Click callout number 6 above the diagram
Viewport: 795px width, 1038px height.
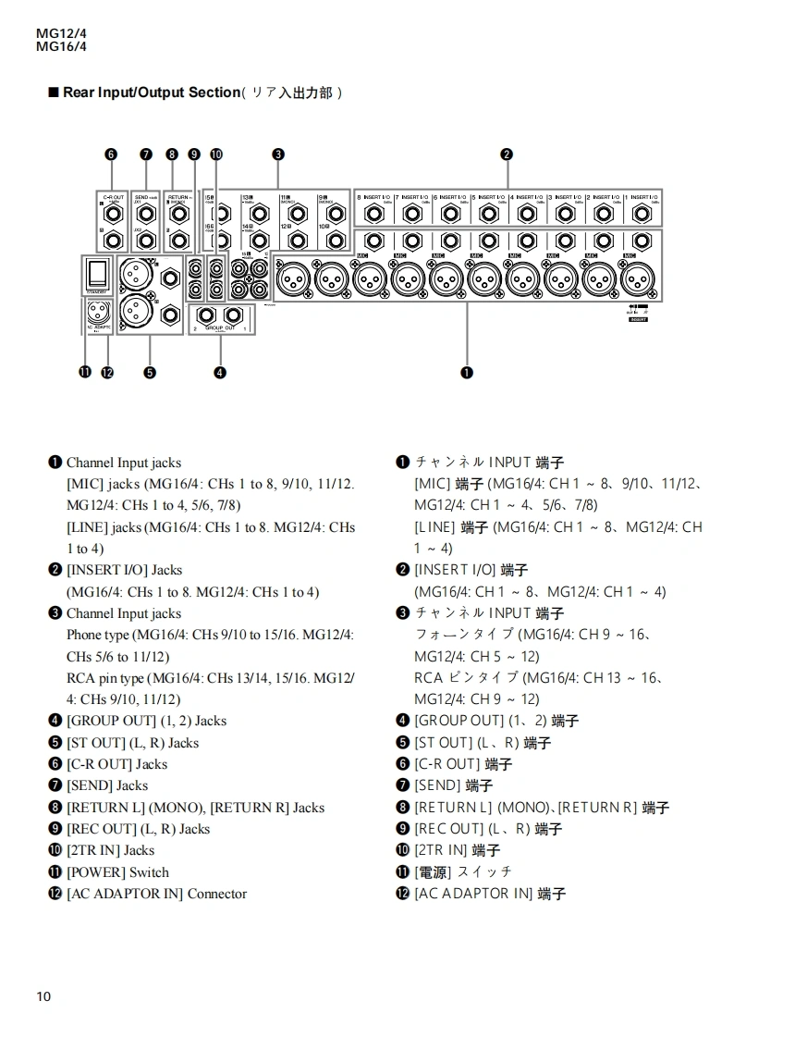(x=111, y=154)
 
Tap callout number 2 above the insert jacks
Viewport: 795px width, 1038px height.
(x=507, y=154)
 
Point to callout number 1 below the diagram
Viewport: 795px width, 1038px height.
(x=467, y=372)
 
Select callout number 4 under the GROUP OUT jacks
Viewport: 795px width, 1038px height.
(x=220, y=372)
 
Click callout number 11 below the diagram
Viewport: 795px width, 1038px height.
(x=86, y=372)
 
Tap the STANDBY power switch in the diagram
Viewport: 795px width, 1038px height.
(x=97, y=272)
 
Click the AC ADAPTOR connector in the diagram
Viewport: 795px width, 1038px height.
(x=98, y=310)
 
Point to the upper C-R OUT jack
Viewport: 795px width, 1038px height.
(x=113, y=214)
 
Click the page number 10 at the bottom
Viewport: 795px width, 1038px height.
(x=44, y=996)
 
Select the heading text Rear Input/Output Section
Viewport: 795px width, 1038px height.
(x=151, y=93)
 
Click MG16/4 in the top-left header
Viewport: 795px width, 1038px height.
(x=61, y=46)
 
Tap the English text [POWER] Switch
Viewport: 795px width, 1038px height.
(x=117, y=871)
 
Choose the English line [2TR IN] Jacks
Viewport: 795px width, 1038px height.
(x=110, y=850)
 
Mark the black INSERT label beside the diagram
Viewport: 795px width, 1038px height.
(x=637, y=319)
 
